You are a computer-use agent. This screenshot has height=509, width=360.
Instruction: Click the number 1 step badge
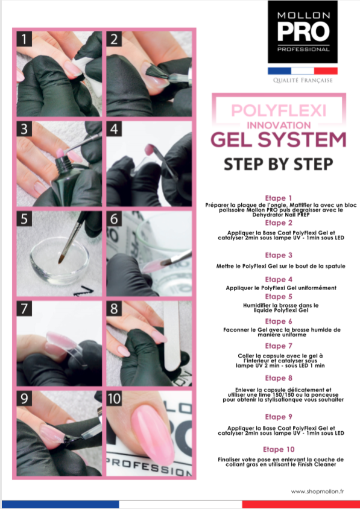[x=24, y=39]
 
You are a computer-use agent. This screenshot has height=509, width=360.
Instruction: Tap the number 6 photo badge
[x=114, y=219]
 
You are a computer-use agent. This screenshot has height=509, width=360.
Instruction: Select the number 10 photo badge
[x=114, y=398]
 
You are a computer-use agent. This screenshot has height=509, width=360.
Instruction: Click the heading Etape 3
[x=279, y=255]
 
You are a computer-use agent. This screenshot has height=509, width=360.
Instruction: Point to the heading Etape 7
[x=279, y=346]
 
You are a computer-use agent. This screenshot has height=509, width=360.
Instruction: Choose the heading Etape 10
[x=279, y=449]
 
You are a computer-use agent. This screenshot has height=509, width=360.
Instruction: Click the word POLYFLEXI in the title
[x=279, y=111]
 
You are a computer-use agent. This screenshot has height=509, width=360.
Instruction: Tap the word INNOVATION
[x=279, y=125]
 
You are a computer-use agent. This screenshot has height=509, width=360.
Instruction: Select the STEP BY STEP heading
[x=279, y=164]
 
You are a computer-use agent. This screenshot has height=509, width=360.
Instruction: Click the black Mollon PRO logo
[x=303, y=32]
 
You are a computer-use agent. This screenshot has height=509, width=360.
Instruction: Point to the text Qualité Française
[x=303, y=80]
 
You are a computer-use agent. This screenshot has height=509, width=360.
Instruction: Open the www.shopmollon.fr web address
[x=317, y=491]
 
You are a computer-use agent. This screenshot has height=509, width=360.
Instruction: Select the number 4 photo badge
[x=114, y=129]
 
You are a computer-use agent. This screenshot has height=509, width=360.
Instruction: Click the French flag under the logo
[x=303, y=71]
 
